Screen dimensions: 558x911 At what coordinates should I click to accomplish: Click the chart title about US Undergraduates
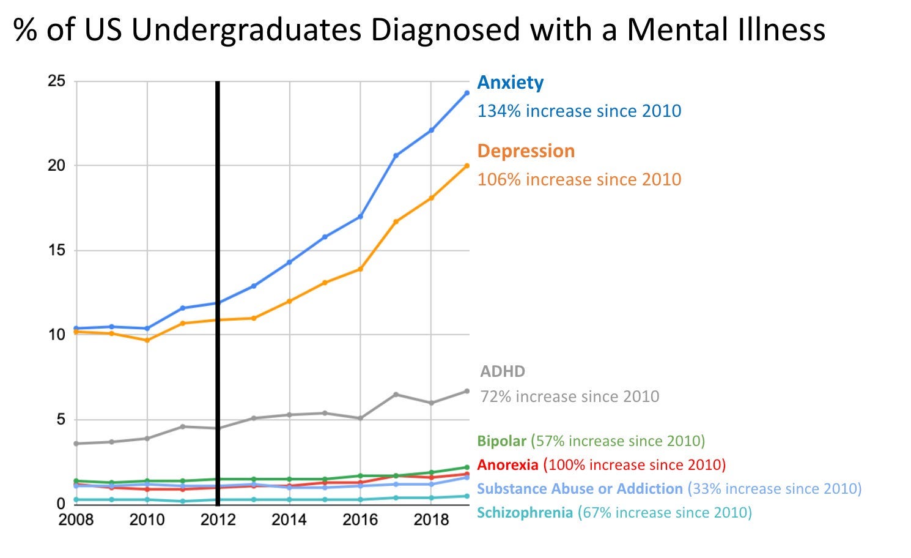click(x=419, y=29)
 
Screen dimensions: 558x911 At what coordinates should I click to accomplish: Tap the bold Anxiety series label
click(x=510, y=83)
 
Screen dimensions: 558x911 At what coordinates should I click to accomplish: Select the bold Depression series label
click(x=526, y=151)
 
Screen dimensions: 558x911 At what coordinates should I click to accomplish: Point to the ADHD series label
click(x=503, y=371)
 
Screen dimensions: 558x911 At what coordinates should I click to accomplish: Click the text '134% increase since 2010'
click(x=579, y=111)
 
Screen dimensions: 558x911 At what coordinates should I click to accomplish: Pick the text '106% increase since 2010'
click(x=579, y=180)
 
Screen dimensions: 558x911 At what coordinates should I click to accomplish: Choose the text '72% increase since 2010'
click(x=570, y=397)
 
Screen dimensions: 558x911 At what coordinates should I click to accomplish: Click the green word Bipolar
click(x=501, y=441)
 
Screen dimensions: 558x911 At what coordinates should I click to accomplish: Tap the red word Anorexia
click(x=507, y=465)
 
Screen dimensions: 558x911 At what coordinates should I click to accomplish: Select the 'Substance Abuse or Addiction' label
click(x=580, y=489)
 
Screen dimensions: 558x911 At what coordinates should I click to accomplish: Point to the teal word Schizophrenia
click(x=525, y=513)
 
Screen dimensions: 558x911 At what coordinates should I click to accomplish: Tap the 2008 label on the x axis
click(x=76, y=520)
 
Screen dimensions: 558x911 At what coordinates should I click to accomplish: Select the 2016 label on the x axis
click(x=360, y=520)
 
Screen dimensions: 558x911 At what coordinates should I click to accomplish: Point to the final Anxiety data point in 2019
click(x=467, y=93)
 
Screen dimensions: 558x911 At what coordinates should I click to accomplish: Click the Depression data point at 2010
click(x=147, y=340)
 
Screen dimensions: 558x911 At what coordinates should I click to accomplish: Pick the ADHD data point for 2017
click(x=396, y=395)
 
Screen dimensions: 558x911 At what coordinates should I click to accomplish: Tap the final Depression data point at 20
click(x=467, y=166)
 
